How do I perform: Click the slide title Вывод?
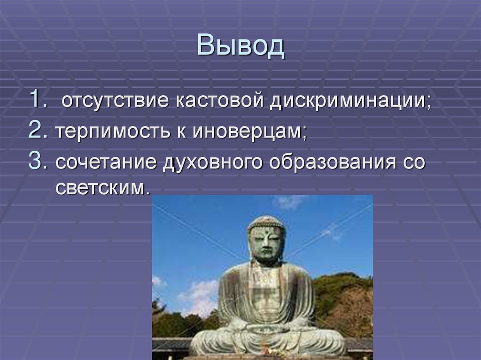(x=240, y=46)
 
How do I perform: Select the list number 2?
(x=38, y=131)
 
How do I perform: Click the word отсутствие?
(x=116, y=101)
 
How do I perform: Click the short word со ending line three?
(x=413, y=163)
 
